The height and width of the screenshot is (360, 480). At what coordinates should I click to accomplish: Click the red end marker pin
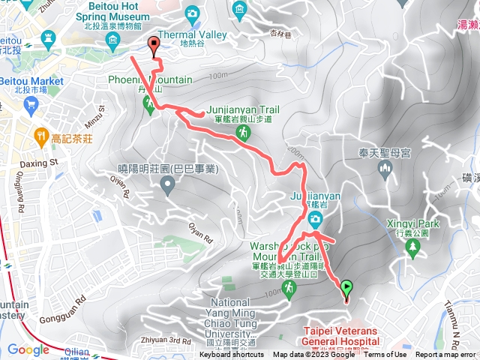coord(154,45)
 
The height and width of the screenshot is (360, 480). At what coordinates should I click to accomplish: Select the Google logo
coord(28,349)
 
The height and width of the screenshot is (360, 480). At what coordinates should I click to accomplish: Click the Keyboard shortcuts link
coord(232,355)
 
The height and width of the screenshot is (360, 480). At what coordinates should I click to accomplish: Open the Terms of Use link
coord(385,355)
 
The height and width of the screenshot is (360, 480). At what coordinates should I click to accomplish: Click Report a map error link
coord(445,355)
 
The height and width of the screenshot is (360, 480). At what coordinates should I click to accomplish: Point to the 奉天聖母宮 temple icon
coord(385,170)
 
